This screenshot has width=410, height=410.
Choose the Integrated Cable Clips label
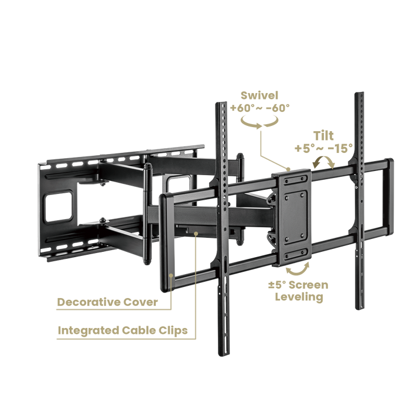(122, 330)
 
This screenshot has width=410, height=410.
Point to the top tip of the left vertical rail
(221, 103)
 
